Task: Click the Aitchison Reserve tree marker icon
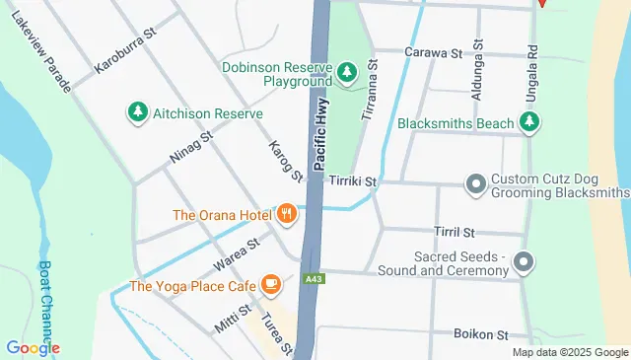[137, 113]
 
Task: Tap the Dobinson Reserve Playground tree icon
[346, 72]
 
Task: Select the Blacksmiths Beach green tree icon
[530, 123]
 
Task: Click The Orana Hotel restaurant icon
[287, 213]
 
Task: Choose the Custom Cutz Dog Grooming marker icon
[475, 183]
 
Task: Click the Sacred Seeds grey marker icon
[525, 261]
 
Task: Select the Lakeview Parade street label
[42, 53]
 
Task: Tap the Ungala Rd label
[532, 60]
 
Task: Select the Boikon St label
[479, 335]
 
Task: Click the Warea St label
[235, 253]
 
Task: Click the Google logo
[33, 348]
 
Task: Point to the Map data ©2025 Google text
[570, 352]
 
